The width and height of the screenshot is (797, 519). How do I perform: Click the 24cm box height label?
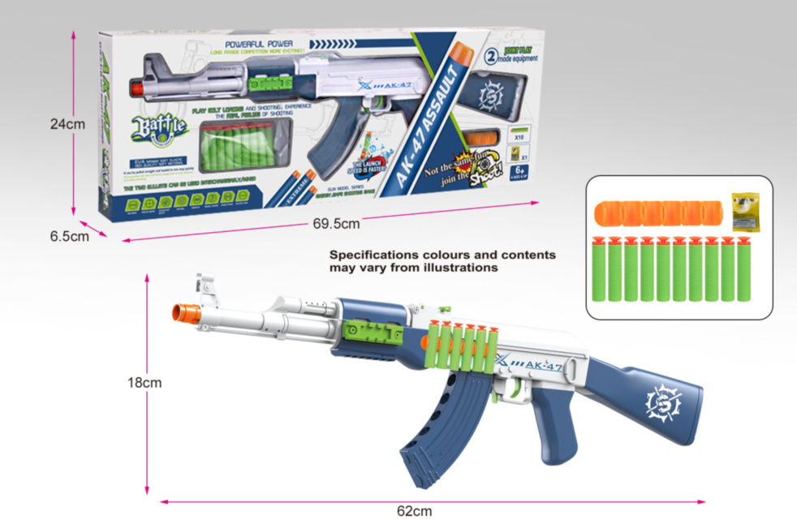pos(67,124)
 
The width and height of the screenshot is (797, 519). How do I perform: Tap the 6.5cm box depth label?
pos(68,236)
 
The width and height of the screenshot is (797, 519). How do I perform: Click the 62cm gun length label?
pos(414,510)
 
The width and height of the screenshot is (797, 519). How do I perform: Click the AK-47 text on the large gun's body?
pos(542,367)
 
